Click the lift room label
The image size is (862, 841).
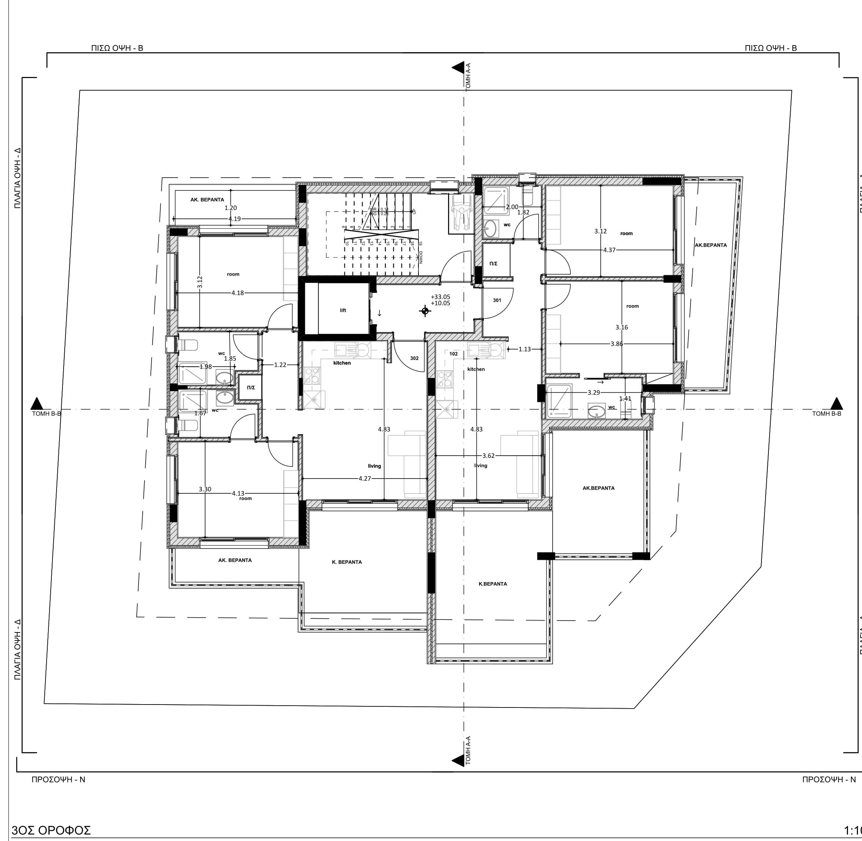coord(343,311)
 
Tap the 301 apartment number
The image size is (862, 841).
coord(497,300)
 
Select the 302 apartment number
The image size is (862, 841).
coord(414,358)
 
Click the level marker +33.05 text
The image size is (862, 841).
coord(441,297)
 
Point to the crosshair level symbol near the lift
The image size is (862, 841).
coord(425,311)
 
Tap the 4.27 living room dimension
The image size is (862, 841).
coord(364,478)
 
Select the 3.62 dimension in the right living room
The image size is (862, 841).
coord(489,455)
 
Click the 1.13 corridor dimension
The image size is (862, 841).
coord(525,349)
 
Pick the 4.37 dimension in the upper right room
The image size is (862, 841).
coord(609,250)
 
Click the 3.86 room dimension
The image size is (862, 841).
coord(617,344)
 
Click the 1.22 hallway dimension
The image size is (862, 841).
coord(280,365)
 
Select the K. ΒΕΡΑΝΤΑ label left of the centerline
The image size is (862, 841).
coord(347,562)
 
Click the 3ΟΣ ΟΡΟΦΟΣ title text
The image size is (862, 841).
coord(52,830)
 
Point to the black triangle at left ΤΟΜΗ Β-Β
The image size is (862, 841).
coord(37,403)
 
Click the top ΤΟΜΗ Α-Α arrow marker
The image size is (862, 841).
coord(457,68)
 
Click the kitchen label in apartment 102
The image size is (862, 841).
coord(476,369)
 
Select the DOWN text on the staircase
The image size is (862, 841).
coord(421,257)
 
